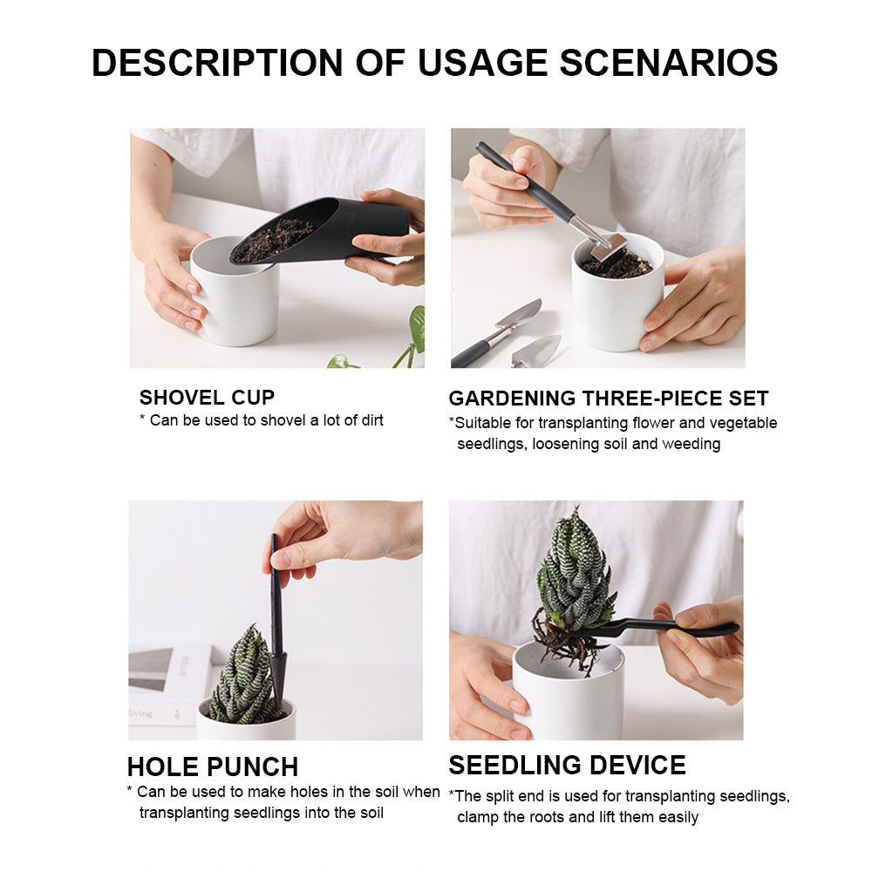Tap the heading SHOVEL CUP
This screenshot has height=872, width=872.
coord(207,398)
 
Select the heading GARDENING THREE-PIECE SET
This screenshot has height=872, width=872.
coord(608,399)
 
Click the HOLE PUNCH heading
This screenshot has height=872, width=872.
coord(213,766)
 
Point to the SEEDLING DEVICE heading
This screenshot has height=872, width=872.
coord(567,765)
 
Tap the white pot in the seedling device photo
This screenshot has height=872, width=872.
coord(567,698)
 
